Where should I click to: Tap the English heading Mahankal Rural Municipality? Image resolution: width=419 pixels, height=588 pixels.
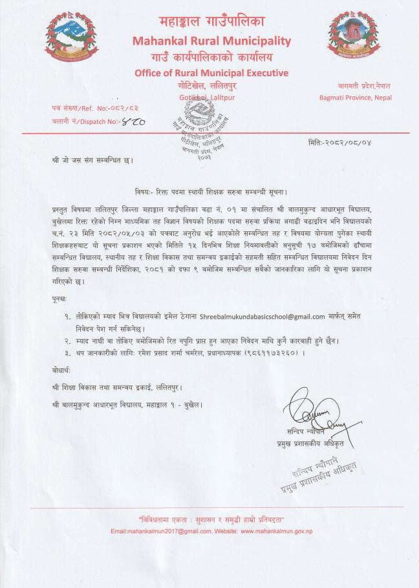pos(211,41)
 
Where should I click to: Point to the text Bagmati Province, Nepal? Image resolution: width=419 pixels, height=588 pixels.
pos(355,98)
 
